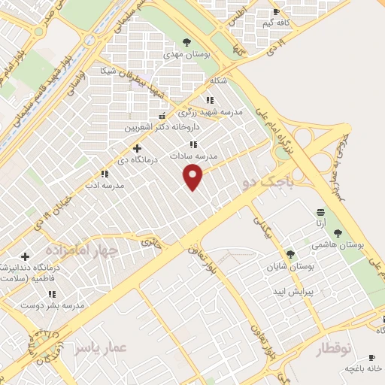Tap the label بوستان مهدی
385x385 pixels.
tap(186, 54)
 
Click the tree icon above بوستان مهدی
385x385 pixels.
tap(186, 42)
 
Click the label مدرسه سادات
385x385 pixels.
tap(195, 156)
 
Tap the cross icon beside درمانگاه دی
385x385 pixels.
tap(137, 148)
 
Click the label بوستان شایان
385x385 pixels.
tap(293, 266)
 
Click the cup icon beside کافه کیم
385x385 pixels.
tap(275, 12)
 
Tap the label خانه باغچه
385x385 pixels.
tap(364, 368)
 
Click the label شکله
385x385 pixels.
tap(218, 80)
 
